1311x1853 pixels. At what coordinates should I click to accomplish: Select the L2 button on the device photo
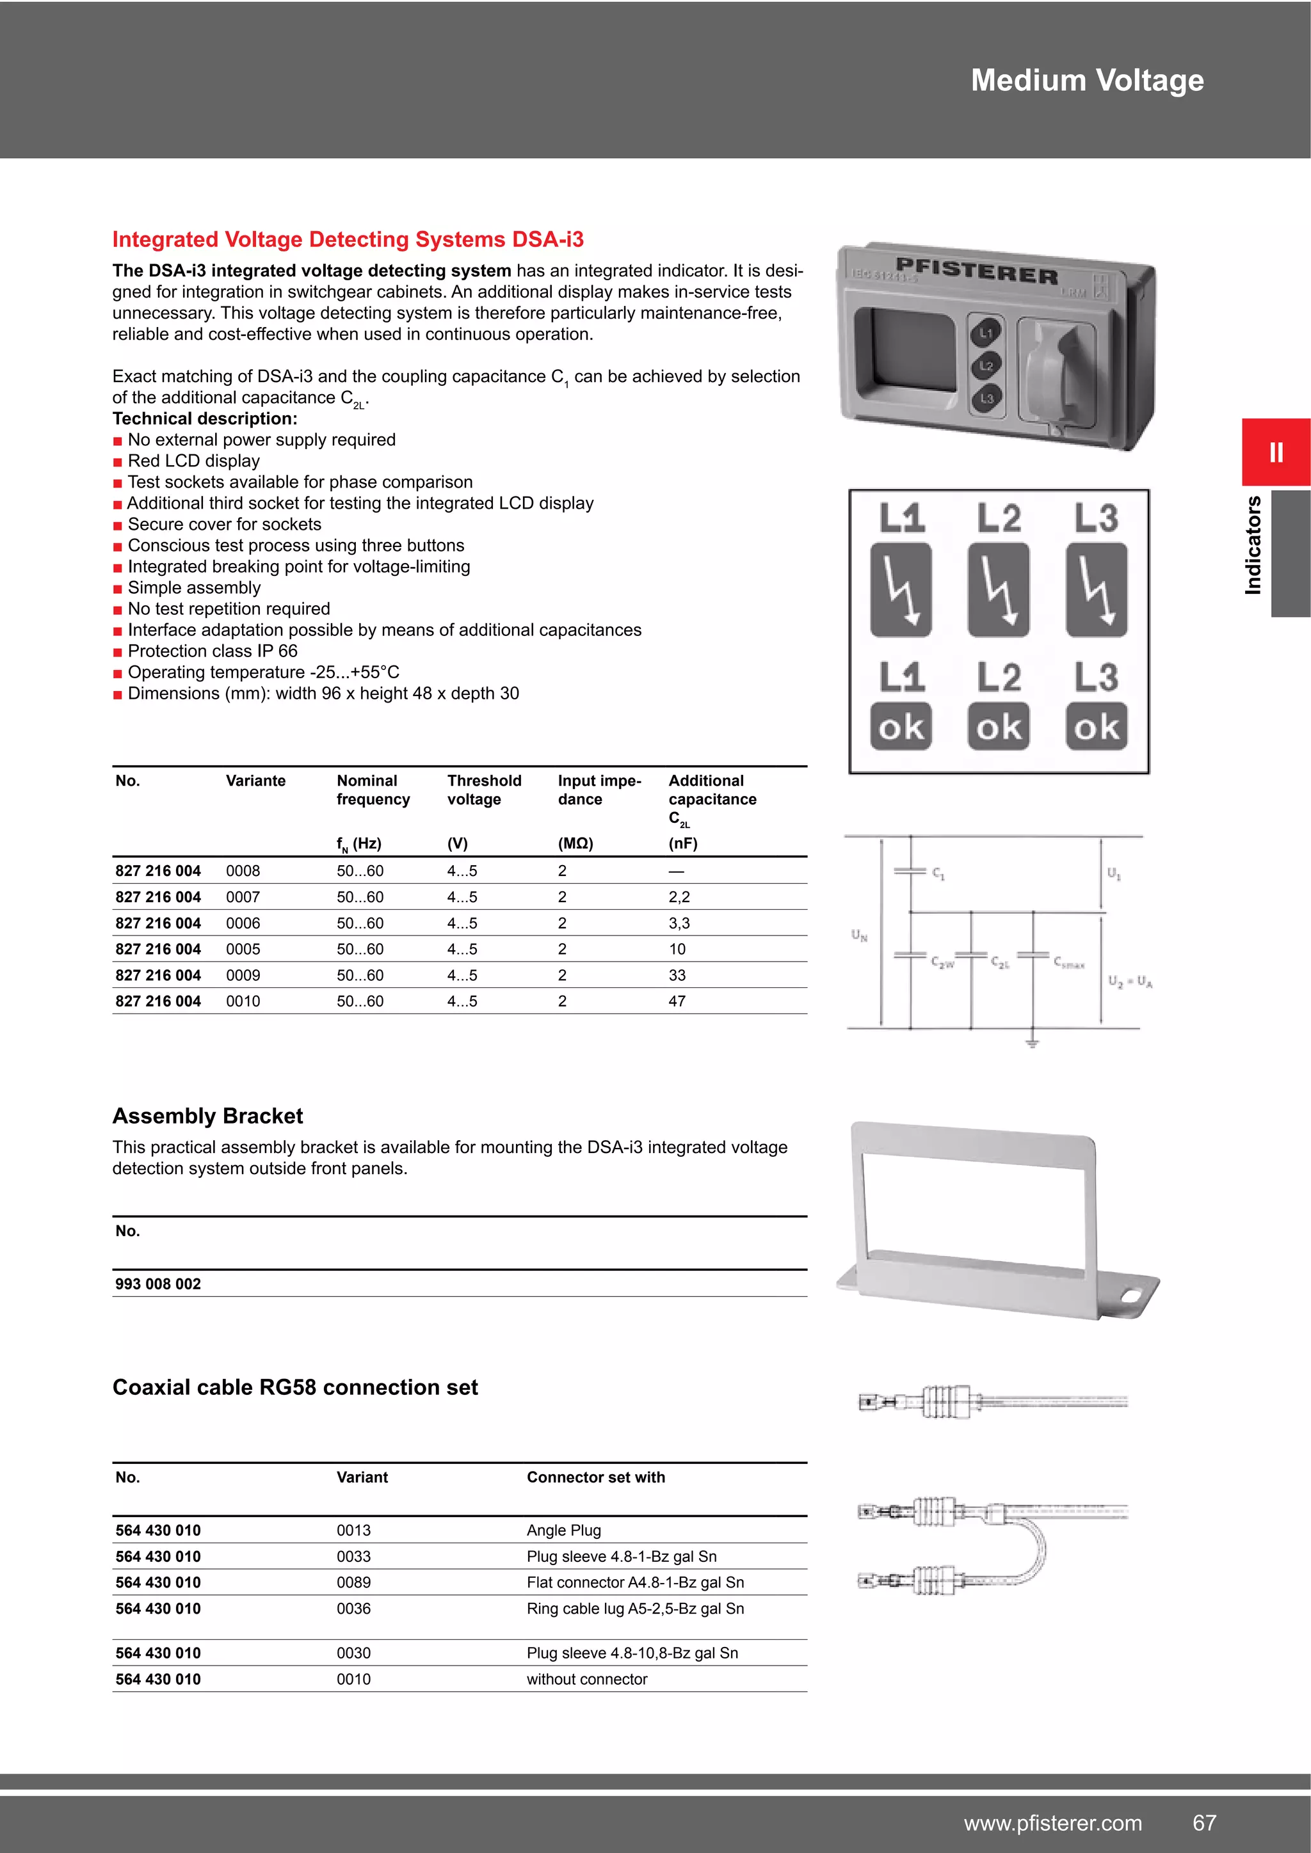click(986, 365)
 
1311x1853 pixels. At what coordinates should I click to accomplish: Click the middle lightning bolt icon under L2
click(999, 589)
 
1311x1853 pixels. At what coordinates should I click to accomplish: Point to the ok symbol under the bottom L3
click(1097, 727)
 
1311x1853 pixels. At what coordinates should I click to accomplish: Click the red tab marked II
click(1276, 452)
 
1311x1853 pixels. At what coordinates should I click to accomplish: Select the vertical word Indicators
click(1253, 546)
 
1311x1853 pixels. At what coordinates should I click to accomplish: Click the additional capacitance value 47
click(677, 1001)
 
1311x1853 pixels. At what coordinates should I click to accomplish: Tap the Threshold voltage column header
click(485, 790)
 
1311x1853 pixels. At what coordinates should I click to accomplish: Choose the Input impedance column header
click(599, 790)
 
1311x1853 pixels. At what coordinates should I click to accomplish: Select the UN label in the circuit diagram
click(859, 935)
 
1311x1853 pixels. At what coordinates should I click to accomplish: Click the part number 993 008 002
click(158, 1284)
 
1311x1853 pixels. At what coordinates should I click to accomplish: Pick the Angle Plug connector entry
click(563, 1530)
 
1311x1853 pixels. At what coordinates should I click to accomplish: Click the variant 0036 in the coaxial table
click(353, 1609)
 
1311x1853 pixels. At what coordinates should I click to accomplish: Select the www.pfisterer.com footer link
click(1052, 1822)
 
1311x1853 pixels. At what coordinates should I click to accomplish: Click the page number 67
click(1205, 1822)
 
